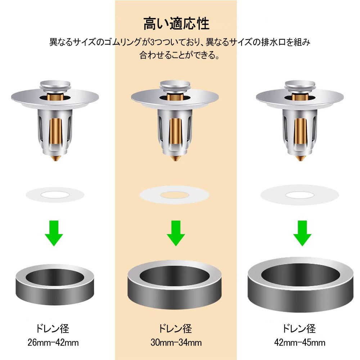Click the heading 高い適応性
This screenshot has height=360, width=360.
(176, 24)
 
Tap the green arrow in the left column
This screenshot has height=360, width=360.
(54, 233)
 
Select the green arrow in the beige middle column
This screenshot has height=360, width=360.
(176, 233)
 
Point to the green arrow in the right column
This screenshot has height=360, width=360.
(302, 233)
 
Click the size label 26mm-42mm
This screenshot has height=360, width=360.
(53, 343)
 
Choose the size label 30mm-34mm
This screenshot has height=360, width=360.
(176, 343)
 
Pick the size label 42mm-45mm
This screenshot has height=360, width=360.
(300, 343)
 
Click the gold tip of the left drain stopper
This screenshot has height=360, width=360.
(55, 158)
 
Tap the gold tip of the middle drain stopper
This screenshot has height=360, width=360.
(175, 158)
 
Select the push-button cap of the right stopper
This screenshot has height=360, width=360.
(300, 85)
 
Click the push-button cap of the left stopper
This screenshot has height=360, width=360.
(55, 85)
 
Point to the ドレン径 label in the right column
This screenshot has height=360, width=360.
(299, 329)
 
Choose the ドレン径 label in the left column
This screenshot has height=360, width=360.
(52, 329)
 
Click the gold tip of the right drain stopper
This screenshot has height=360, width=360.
(300, 158)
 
